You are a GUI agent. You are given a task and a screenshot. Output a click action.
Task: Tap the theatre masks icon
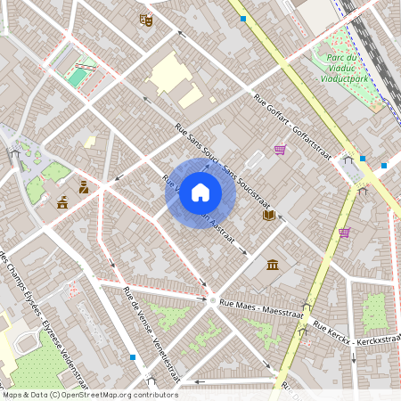(x=145, y=20)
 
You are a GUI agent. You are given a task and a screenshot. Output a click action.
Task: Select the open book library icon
(x=268, y=215)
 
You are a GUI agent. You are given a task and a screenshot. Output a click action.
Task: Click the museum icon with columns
(x=273, y=265)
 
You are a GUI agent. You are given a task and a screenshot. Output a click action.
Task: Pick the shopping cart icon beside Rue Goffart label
(x=280, y=150)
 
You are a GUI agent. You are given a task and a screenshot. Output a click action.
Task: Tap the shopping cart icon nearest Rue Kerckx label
(x=344, y=233)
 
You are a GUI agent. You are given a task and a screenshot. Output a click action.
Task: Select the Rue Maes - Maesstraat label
(x=262, y=308)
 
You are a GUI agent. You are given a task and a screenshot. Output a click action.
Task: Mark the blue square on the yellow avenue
(x=242, y=17)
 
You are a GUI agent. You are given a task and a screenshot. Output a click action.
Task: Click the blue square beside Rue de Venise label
(x=133, y=357)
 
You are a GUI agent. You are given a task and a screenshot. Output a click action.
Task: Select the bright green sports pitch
(x=78, y=78)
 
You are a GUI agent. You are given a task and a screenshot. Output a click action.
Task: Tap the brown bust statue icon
(x=84, y=187)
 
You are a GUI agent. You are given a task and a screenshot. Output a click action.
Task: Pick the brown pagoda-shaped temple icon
(x=61, y=202)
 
